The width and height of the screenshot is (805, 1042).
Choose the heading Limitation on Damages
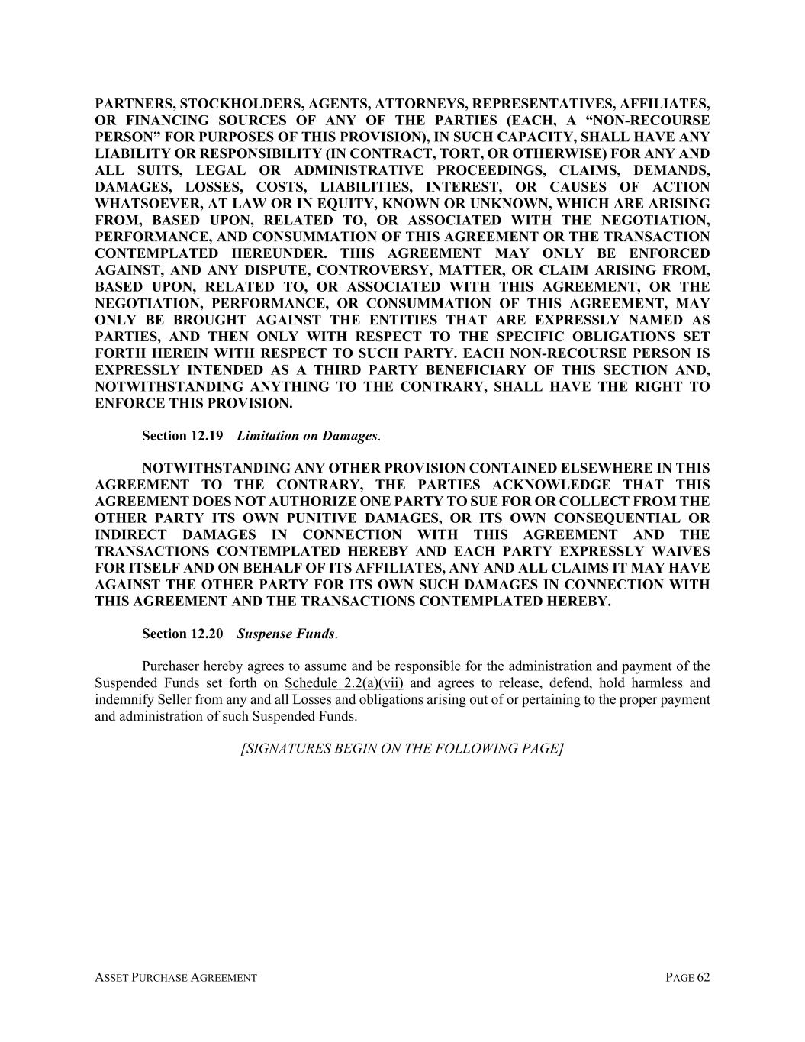307,436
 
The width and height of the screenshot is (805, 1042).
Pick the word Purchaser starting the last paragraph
169,666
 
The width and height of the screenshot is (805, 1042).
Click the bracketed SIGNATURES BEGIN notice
402,749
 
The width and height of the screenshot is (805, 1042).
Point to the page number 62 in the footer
702,978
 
